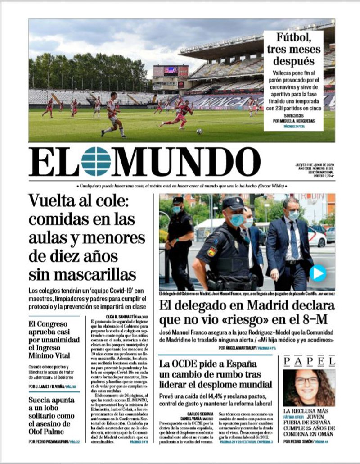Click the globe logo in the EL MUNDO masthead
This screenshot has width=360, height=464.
tap(96, 161)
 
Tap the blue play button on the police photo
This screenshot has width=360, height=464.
tap(318, 273)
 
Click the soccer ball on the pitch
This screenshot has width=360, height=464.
tap(199, 132)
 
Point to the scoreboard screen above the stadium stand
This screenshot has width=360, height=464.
tap(171, 70)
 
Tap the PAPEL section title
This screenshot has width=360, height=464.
tap(309, 361)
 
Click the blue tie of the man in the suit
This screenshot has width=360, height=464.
tap(294, 240)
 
